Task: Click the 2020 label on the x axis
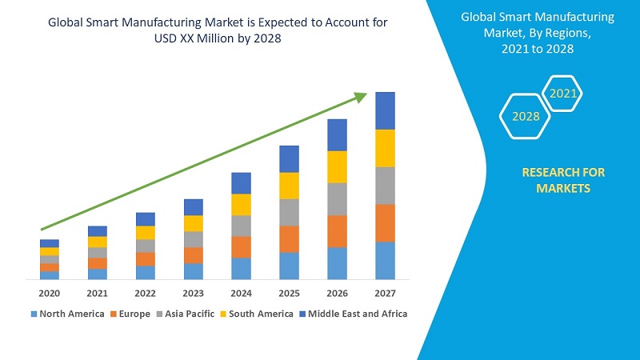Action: (x=50, y=294)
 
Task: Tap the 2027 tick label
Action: (x=386, y=294)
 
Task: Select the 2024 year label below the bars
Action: (x=242, y=294)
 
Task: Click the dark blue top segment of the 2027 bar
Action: (x=386, y=110)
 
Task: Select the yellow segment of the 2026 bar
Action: (x=338, y=166)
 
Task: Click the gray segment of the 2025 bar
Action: (x=290, y=212)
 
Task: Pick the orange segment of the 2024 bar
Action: (x=242, y=246)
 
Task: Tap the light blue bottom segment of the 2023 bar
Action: (x=194, y=271)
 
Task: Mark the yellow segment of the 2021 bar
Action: (x=98, y=242)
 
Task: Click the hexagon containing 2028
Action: (x=526, y=117)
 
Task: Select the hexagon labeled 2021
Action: (x=562, y=94)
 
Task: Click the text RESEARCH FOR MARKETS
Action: (x=563, y=180)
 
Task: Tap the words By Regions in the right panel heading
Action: (x=552, y=33)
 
